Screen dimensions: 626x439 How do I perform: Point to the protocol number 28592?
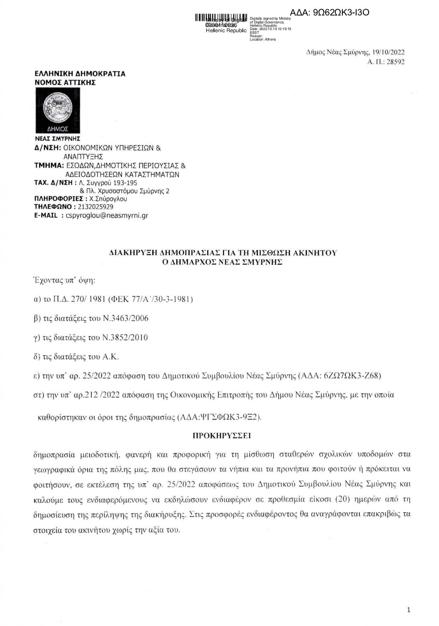tap(396, 62)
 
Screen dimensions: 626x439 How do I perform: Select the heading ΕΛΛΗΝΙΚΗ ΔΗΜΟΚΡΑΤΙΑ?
tap(80, 74)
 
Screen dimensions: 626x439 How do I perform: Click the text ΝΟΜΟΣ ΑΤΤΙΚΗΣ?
tap(65, 82)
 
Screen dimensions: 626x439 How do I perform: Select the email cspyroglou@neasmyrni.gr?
tap(108, 216)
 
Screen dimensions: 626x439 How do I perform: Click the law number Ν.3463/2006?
tap(125, 319)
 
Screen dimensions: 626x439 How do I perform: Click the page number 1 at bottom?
tap(408, 610)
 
